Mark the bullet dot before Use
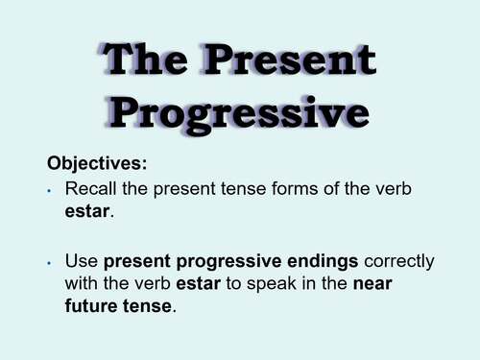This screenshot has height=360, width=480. pos(48,261)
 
